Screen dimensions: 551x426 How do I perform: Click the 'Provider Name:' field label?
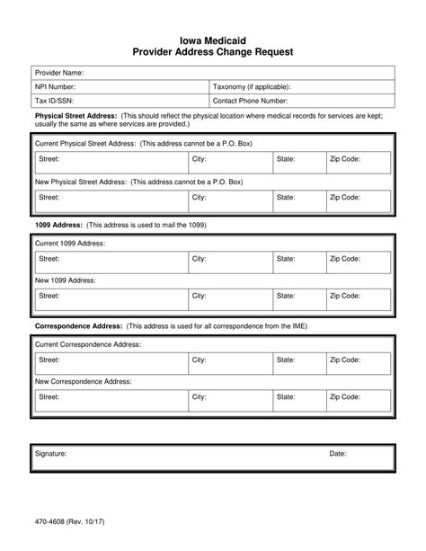pyautogui.click(x=59, y=72)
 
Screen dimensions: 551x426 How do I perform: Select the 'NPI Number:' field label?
pyautogui.click(x=56, y=87)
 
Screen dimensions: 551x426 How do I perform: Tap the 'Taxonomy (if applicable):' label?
pyautogui.click(x=252, y=87)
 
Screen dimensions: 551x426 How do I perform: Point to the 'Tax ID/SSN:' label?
pyautogui.click(x=54, y=102)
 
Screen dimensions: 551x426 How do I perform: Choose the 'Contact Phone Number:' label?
pyautogui.click(x=251, y=102)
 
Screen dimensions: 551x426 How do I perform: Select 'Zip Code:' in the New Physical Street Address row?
pyautogui.click(x=345, y=196)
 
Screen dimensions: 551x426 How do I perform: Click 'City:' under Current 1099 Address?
pyautogui.click(x=200, y=259)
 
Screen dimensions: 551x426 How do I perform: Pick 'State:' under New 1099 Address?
pyautogui.click(x=286, y=296)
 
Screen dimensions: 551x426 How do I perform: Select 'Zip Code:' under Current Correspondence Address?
pyautogui.click(x=345, y=360)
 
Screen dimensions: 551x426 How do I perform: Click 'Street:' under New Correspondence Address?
pyautogui.click(x=49, y=396)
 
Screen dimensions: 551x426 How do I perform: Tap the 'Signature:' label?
pyautogui.click(x=51, y=454)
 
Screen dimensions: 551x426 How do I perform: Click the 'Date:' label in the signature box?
pyautogui.click(x=338, y=454)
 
